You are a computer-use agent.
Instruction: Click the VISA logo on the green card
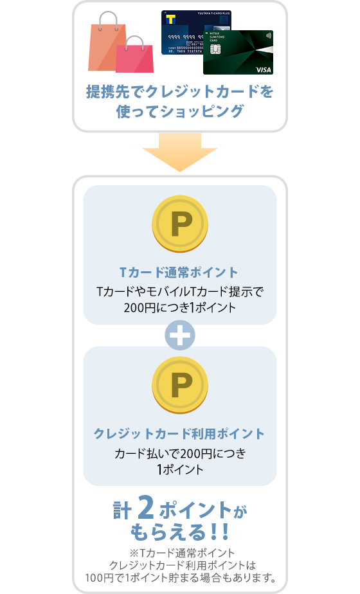264,69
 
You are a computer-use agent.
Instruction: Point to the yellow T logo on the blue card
171,20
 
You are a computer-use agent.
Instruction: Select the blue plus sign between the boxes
180,335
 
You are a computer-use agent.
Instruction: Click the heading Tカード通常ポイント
180,271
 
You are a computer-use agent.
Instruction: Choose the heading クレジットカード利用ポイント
180,433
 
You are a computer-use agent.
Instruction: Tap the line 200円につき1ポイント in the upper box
180,307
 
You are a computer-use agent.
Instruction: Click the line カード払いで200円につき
180,455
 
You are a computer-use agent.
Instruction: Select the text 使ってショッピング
180,111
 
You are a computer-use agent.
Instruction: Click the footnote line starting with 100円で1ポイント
180,577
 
